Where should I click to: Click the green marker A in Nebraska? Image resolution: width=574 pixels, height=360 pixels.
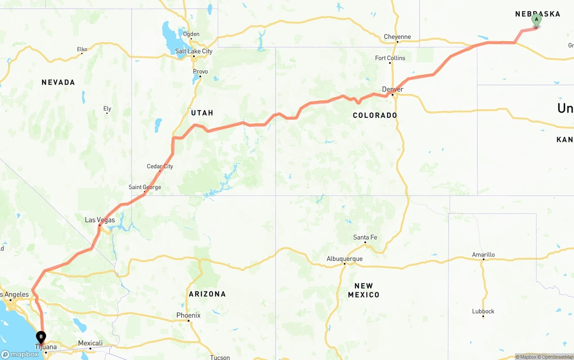[536, 20]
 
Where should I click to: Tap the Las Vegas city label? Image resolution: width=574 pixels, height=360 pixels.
[100, 220]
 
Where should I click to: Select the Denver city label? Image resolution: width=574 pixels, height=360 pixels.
[392, 90]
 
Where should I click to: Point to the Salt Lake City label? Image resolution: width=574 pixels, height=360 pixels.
[194, 52]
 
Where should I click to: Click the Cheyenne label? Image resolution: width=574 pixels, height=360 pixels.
[397, 37]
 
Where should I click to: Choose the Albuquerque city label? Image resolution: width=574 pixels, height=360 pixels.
[344, 259]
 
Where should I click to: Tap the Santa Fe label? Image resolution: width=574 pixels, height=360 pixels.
[365, 238]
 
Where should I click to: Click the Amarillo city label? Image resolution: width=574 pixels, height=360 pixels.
[483, 255]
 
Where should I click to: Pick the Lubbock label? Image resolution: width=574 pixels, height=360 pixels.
[483, 312]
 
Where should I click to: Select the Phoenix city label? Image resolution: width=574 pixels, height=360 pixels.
[188, 316]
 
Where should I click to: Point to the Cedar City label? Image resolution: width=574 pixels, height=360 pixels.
[160, 167]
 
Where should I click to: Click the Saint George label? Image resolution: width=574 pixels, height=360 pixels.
[145, 187]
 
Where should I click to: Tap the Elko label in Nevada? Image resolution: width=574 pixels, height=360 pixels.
[82, 50]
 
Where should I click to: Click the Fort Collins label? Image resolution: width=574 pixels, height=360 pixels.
[390, 58]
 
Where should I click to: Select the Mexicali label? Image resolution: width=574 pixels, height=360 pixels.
[91, 343]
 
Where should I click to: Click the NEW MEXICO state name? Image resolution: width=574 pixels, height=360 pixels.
[364, 290]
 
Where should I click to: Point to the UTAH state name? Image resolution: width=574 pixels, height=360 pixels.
[202, 113]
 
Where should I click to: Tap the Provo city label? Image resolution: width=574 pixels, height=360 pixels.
[200, 72]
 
